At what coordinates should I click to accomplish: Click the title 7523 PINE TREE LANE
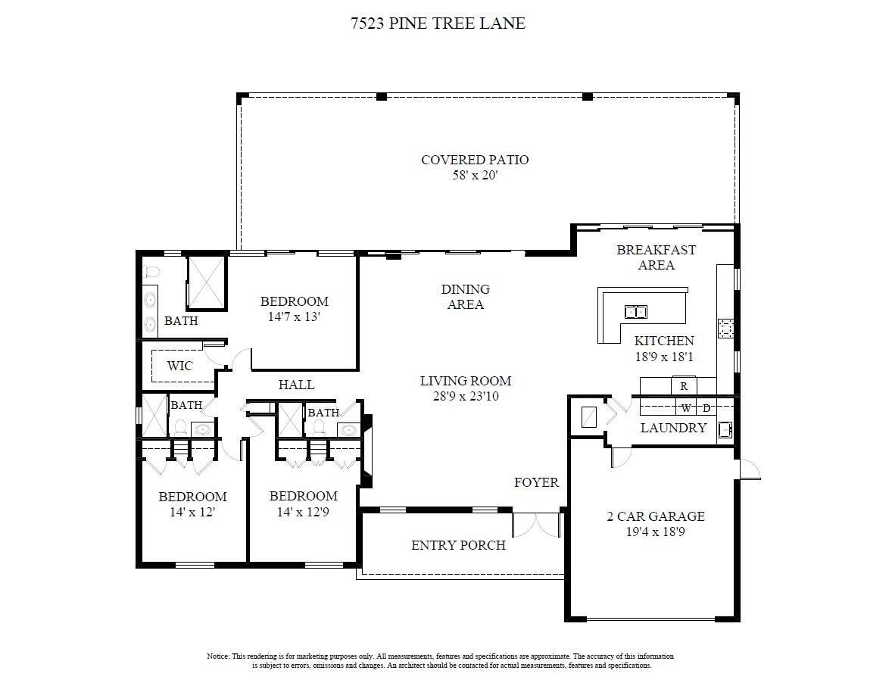coord(438,23)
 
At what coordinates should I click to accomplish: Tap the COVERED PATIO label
coord(475,160)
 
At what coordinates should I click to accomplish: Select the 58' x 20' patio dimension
coord(475,176)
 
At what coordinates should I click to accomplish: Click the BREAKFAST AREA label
coord(656,257)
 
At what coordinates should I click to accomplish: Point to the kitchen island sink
coord(636,310)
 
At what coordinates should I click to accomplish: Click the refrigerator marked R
coord(684,386)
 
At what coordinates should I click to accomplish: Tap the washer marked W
coord(686,408)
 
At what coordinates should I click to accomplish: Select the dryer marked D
coord(706,408)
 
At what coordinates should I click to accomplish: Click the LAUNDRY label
coord(673,428)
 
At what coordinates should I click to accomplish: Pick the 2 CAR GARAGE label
coord(656,516)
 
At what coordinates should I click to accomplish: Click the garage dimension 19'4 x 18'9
coord(656,532)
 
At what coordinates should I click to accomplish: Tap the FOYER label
coord(536,482)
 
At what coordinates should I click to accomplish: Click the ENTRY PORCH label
coord(458,545)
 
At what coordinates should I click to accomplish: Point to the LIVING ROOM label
coord(466,381)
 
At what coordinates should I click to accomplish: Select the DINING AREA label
coord(466,297)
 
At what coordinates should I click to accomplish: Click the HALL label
coord(296,385)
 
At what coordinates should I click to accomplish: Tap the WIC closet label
coord(179,366)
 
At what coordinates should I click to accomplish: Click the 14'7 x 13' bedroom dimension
coord(295,317)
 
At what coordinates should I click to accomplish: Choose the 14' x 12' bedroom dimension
coord(192,513)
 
